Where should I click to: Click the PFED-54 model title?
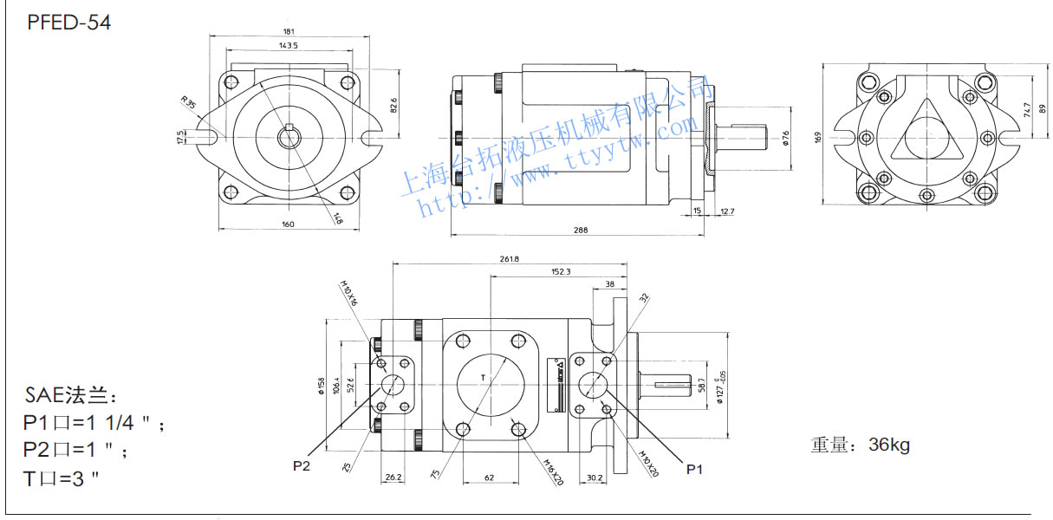(69, 23)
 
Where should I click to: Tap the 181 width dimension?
(288, 32)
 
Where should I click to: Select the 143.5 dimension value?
(288, 45)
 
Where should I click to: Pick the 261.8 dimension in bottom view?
(509, 258)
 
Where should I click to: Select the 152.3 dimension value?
(561, 271)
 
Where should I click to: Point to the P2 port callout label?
(302, 466)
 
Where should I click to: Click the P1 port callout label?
(693, 469)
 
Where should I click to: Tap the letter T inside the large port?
(484, 377)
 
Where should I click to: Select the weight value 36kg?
(888, 445)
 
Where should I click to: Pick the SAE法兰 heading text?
(68, 397)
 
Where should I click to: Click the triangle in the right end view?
(926, 135)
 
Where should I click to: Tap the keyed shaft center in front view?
(288, 136)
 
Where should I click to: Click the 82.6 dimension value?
(393, 105)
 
